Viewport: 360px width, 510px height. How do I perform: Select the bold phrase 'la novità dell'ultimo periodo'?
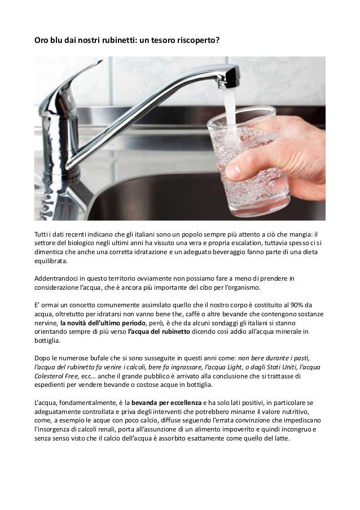[x=100, y=323]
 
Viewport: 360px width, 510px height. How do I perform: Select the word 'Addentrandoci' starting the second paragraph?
[x=57, y=279]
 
